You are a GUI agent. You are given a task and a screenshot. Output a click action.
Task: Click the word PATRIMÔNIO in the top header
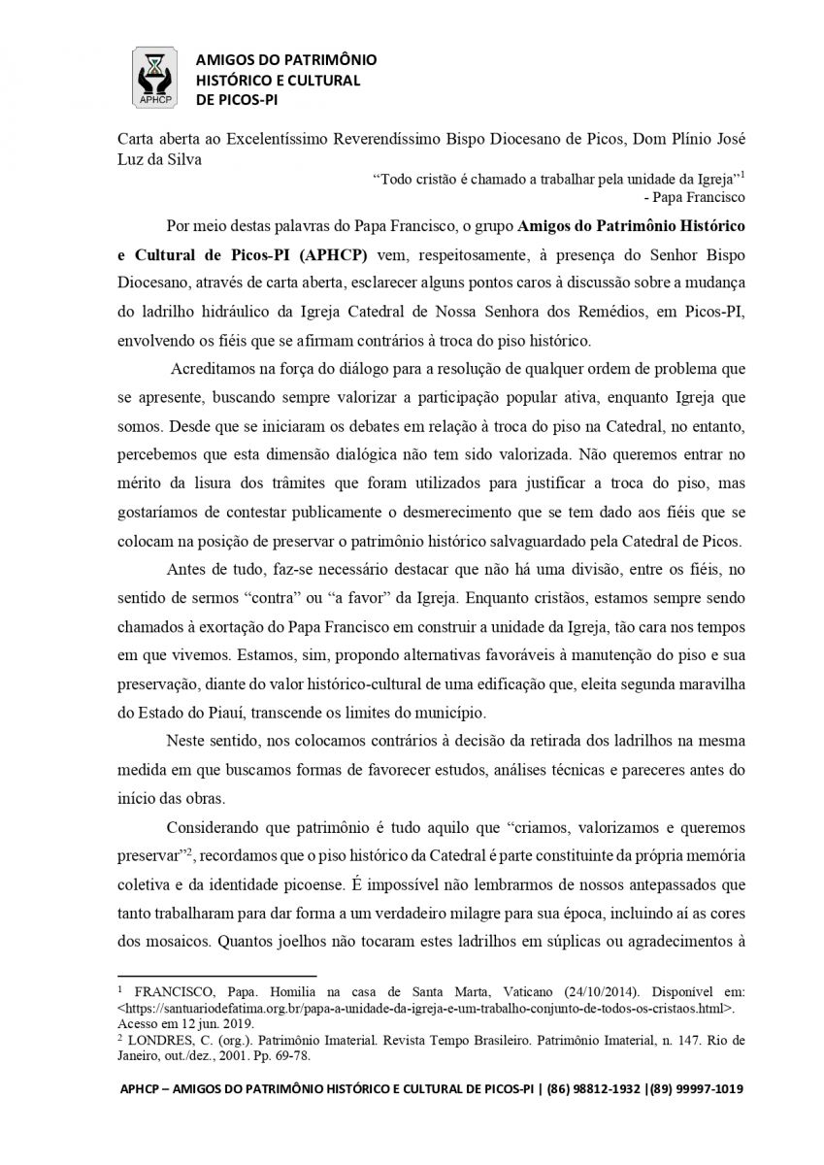[328, 60]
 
